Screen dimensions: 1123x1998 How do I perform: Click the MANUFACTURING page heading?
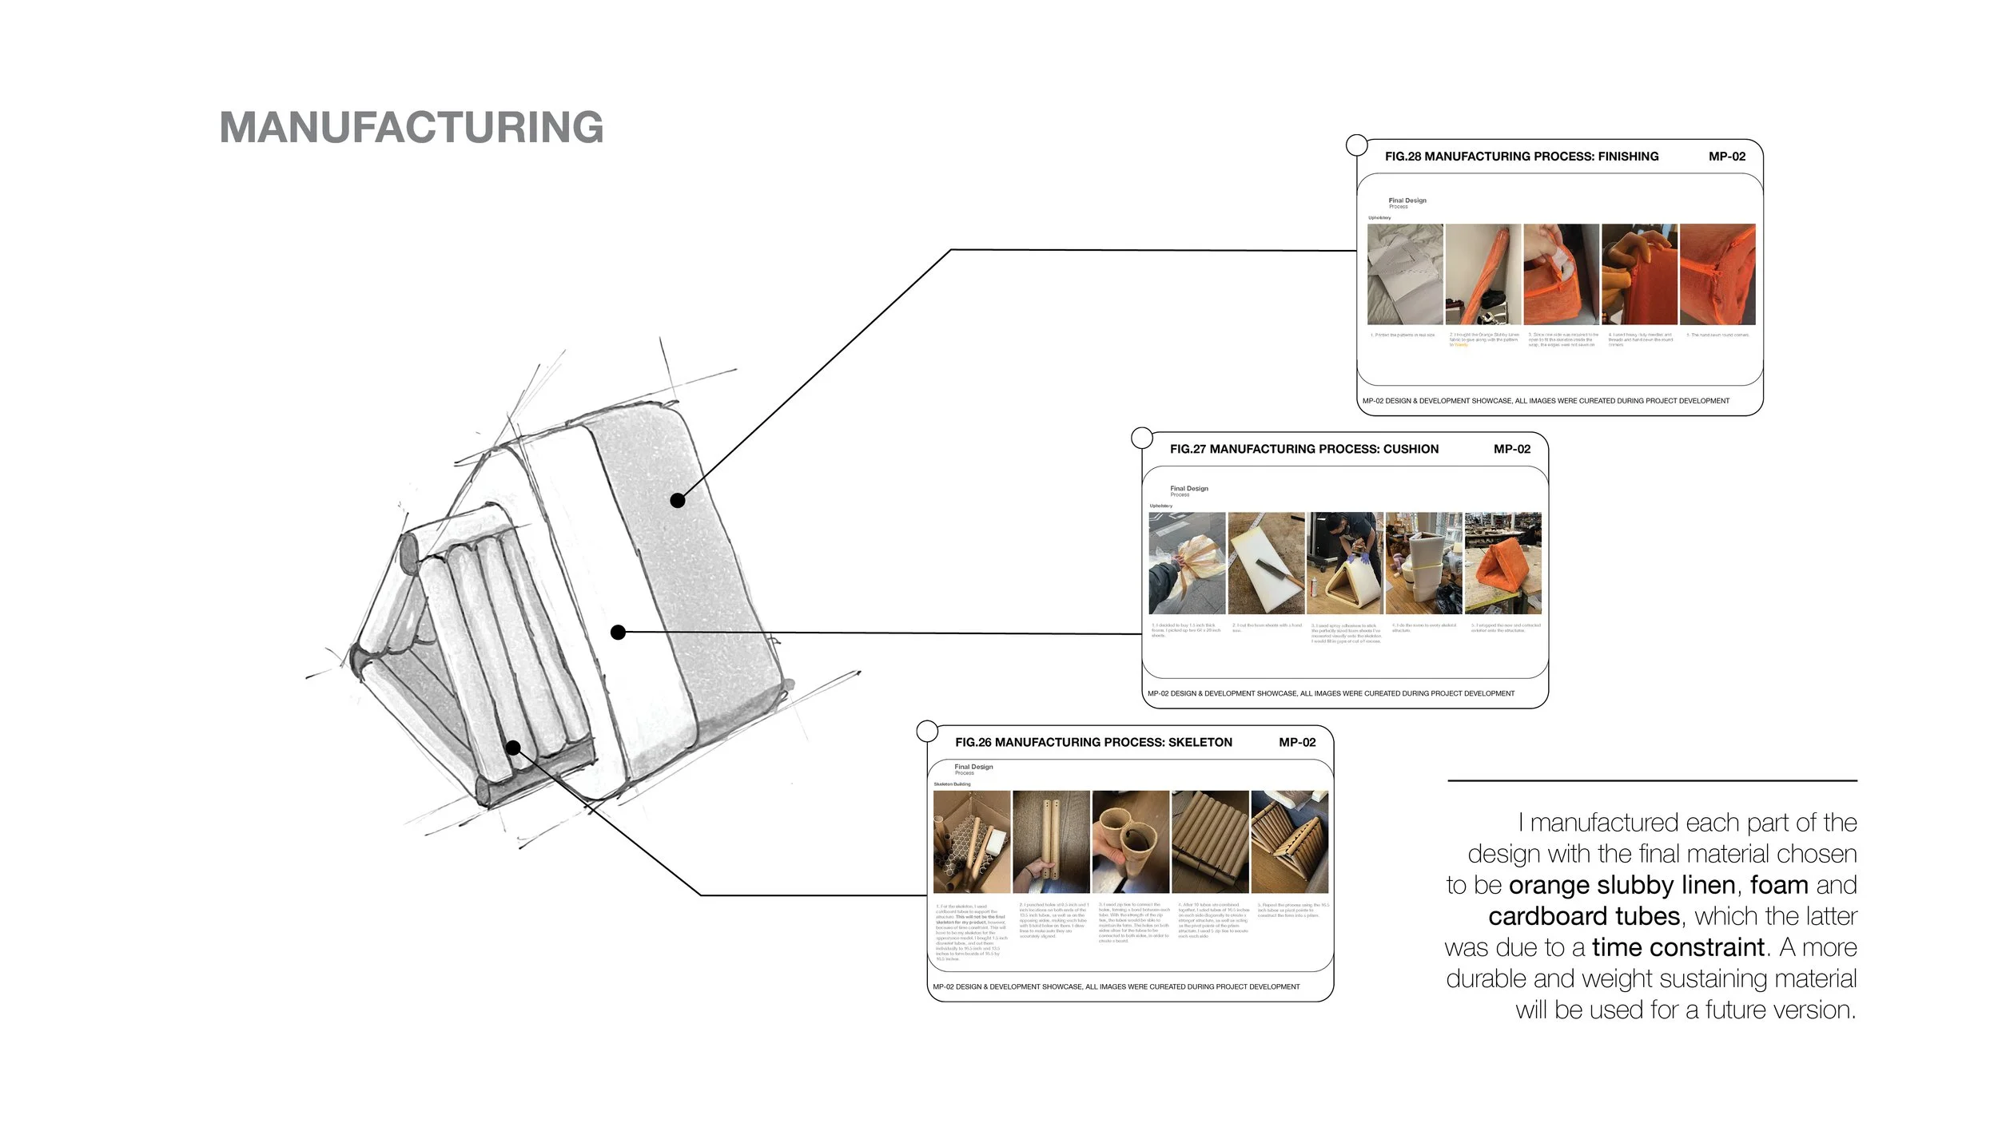[x=412, y=128]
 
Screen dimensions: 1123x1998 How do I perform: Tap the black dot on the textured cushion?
[x=678, y=501]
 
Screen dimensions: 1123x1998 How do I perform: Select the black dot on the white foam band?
[x=618, y=633]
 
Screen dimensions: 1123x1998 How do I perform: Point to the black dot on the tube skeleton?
[x=514, y=748]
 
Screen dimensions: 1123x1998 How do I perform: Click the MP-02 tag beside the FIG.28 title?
[x=1726, y=157]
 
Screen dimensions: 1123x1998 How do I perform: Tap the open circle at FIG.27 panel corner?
[x=1142, y=438]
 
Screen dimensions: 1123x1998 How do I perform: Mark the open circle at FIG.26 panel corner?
[x=927, y=731]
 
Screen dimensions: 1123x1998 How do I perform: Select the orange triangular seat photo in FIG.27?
[x=1502, y=563]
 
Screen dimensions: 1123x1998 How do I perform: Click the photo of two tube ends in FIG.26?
[x=1130, y=842]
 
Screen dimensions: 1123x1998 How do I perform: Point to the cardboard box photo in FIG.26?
[x=972, y=842]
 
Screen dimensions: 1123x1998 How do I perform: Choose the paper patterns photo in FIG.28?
[x=1405, y=274]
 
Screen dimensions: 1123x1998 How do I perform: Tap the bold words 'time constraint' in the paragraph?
[x=1678, y=947]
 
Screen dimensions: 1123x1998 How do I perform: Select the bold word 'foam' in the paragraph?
[x=1779, y=885]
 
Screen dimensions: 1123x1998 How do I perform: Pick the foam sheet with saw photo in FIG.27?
[x=1266, y=563]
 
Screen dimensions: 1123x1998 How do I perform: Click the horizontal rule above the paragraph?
[x=1652, y=780]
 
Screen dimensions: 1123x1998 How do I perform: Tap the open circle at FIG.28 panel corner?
[x=1357, y=145]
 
